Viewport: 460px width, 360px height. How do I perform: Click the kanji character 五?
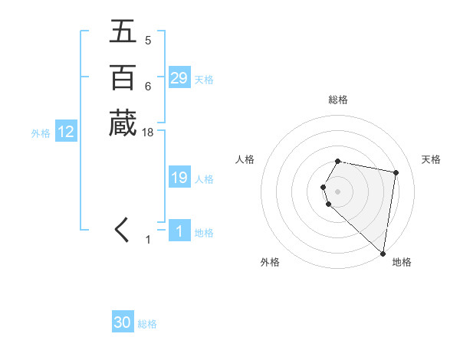point(122,32)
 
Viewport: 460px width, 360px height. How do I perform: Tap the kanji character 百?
point(122,78)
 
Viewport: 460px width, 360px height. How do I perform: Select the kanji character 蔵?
point(122,124)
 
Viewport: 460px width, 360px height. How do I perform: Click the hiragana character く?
point(122,231)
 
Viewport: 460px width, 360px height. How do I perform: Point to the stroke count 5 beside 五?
point(148,40)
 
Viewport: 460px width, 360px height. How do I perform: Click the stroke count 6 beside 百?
point(148,86)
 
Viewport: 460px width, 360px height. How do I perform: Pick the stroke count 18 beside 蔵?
point(148,133)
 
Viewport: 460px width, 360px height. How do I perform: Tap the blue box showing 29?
point(179,78)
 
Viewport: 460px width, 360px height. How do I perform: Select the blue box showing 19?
point(179,178)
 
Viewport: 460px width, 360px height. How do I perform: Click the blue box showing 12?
point(66,132)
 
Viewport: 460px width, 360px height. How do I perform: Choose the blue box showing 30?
point(122,322)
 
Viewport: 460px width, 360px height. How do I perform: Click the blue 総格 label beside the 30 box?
point(147,324)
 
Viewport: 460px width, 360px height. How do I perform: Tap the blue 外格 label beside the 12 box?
point(41,133)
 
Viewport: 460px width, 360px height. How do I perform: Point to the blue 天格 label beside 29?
point(204,80)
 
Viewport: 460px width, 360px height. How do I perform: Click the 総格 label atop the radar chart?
point(338,100)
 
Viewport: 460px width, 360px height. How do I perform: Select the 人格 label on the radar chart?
point(245,159)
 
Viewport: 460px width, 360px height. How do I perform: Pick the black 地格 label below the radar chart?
point(402,262)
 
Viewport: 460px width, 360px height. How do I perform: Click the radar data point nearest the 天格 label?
point(396,173)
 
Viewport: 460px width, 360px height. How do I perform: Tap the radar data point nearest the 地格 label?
point(383,253)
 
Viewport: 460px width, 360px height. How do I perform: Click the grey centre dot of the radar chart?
point(338,191)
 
